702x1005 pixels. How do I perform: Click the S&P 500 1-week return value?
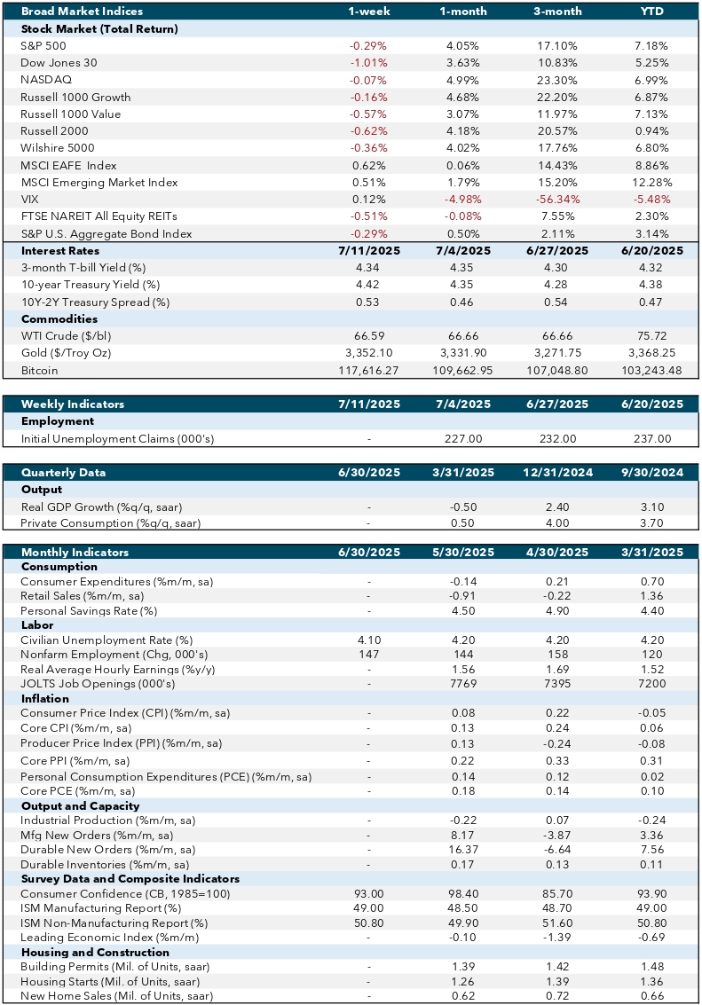click(368, 46)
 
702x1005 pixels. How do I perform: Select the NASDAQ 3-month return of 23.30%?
click(557, 80)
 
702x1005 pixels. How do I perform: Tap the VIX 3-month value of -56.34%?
click(557, 200)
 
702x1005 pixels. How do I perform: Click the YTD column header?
click(652, 12)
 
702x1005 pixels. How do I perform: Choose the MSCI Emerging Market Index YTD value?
click(652, 183)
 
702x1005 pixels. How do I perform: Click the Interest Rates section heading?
click(60, 251)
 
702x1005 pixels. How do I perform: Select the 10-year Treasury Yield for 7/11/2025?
click(368, 285)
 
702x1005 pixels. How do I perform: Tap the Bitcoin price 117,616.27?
click(368, 371)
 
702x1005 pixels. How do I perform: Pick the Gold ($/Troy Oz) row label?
click(66, 353)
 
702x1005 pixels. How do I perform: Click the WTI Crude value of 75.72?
click(652, 336)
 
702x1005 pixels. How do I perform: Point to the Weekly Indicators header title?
click(73, 404)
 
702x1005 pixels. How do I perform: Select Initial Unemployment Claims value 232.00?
click(557, 439)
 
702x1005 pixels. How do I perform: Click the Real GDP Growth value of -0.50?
click(463, 507)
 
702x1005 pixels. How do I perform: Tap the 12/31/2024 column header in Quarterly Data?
click(557, 473)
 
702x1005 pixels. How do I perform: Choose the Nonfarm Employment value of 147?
click(368, 655)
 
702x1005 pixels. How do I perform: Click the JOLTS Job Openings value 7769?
click(463, 684)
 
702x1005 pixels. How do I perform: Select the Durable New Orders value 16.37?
click(463, 850)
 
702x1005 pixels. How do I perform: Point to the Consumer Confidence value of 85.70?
click(557, 893)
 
